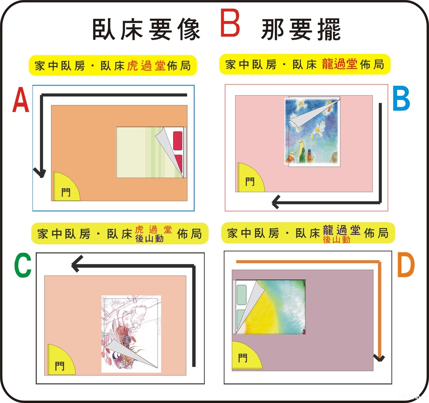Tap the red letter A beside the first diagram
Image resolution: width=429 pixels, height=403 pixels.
pyautogui.click(x=21, y=100)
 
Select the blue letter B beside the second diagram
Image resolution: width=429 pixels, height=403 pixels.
pyautogui.click(x=401, y=99)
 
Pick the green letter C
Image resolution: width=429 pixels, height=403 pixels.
pyautogui.click(x=23, y=265)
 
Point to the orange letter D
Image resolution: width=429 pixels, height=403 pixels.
pyautogui.click(x=406, y=265)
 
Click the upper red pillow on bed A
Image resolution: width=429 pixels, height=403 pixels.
pyautogui.click(x=178, y=141)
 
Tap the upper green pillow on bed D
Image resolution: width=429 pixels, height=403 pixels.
pyautogui.click(x=241, y=295)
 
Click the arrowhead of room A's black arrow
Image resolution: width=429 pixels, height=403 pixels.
pyautogui.click(x=40, y=173)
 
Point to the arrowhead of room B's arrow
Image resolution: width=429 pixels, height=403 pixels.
pyautogui.click(x=276, y=202)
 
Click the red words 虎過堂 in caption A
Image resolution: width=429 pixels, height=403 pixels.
pyautogui.click(x=146, y=66)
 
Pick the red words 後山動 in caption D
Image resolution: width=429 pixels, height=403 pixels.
pyautogui.click(x=337, y=240)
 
